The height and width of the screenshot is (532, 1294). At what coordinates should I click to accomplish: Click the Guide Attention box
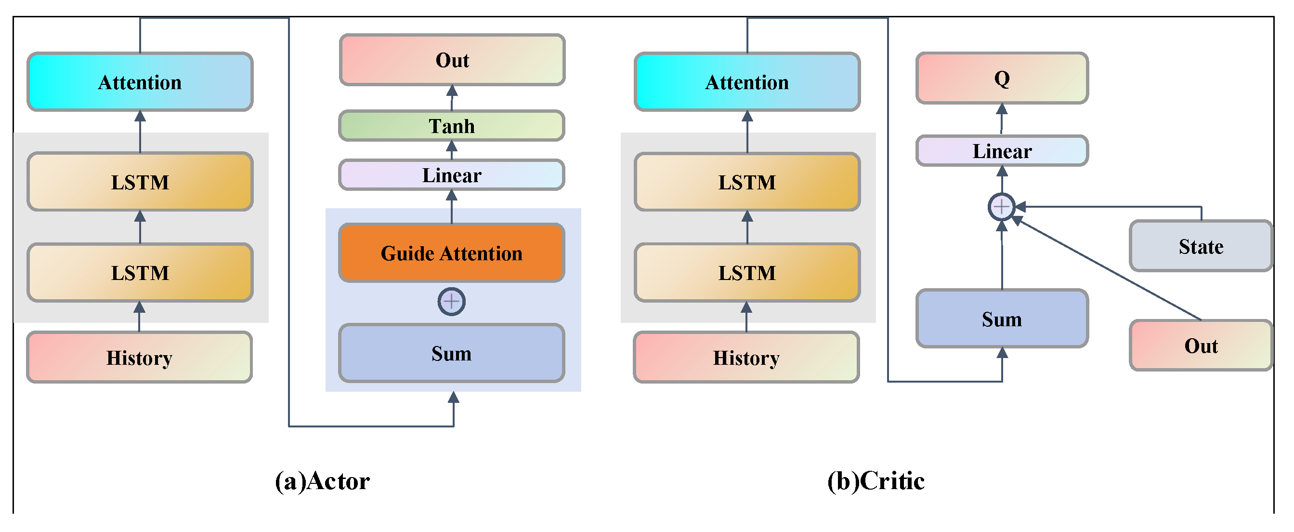pyautogui.click(x=452, y=253)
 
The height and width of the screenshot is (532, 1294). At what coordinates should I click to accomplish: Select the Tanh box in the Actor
pyautogui.click(x=452, y=126)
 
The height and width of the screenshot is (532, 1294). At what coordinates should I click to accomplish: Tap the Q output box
pyautogui.click(x=1002, y=79)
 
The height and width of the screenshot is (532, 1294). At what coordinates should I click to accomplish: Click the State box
pyautogui.click(x=1201, y=246)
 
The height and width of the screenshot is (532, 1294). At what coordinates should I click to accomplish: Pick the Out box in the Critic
pyautogui.click(x=1201, y=346)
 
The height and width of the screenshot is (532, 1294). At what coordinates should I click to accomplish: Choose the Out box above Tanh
pyautogui.click(x=452, y=60)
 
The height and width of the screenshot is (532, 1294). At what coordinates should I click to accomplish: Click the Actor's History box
pyautogui.click(x=139, y=358)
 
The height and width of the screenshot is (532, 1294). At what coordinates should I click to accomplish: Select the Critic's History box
pyautogui.click(x=746, y=358)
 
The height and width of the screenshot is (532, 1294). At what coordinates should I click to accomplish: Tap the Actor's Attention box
pyautogui.click(x=140, y=82)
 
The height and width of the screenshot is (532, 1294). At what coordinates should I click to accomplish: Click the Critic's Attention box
pyautogui.click(x=747, y=82)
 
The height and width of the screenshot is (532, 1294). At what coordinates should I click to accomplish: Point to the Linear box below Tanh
pyautogui.click(x=452, y=175)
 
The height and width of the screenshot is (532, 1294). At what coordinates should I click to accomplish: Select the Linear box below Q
pyautogui.click(x=1002, y=151)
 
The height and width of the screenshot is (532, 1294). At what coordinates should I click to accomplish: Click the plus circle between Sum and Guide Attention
pyautogui.click(x=451, y=302)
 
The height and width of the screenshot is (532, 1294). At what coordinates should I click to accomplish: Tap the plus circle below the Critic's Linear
pyautogui.click(x=1001, y=207)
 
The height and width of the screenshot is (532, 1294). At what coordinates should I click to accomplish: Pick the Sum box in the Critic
pyautogui.click(x=1002, y=319)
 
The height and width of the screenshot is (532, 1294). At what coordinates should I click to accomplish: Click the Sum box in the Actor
pyautogui.click(x=452, y=354)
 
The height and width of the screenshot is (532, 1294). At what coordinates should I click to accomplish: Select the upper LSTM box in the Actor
pyautogui.click(x=140, y=182)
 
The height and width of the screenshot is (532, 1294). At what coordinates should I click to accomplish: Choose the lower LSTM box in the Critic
pyautogui.click(x=747, y=273)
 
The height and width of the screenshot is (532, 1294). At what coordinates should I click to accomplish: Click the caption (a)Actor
pyautogui.click(x=322, y=481)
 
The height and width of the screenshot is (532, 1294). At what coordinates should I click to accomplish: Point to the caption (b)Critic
pyautogui.click(x=876, y=481)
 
